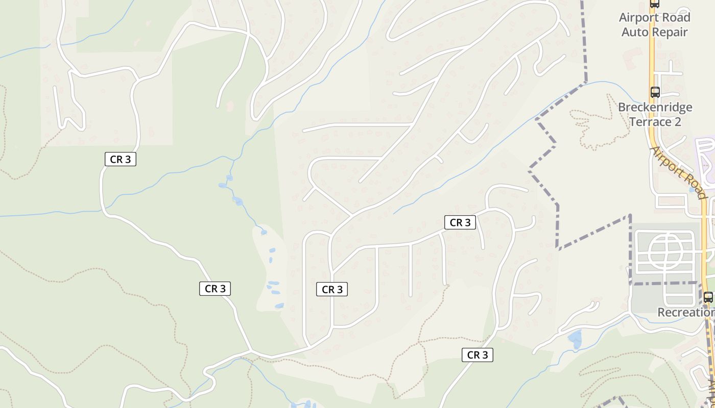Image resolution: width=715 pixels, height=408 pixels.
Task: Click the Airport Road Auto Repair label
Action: click(x=654, y=24)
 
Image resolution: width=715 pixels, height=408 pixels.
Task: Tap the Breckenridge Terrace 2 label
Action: click(x=655, y=114)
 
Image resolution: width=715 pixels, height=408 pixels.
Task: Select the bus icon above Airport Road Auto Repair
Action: click(x=654, y=3)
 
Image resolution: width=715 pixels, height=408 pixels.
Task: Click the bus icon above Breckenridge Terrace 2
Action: click(x=655, y=92)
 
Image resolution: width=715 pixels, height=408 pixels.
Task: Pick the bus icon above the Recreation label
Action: click(x=708, y=297)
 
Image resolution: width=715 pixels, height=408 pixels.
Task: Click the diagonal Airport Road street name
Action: click(x=678, y=172)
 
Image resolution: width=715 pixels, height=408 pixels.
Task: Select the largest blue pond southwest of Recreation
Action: click(x=575, y=339)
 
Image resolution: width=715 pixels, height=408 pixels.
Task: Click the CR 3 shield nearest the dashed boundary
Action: click(x=460, y=222)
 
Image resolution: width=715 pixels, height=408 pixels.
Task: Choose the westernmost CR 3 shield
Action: click(x=121, y=159)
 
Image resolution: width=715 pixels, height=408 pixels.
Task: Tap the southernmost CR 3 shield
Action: click(x=478, y=355)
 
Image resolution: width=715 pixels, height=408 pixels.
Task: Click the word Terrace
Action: click(x=649, y=122)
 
